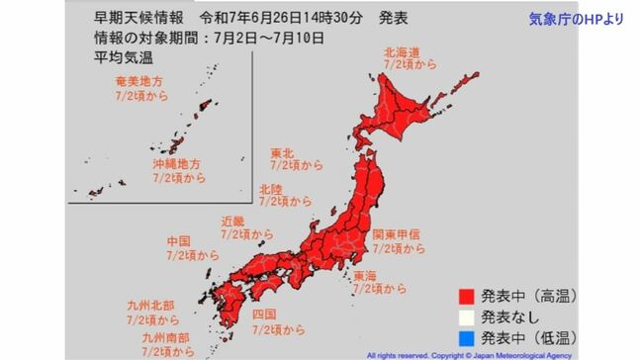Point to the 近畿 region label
click(234, 221)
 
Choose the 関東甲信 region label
click(397, 234)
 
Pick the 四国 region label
click(264, 315)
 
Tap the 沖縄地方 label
click(175, 161)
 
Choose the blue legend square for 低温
click(465, 340)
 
